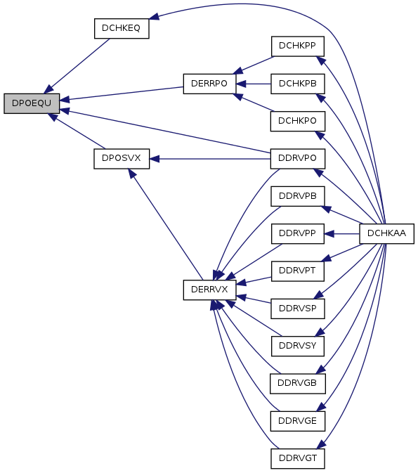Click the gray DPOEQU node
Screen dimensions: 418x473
32,103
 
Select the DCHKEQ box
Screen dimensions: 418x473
122,28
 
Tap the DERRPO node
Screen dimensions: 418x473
209,84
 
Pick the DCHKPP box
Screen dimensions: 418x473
298,46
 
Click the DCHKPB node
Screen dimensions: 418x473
298,84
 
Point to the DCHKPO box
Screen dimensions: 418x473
298,121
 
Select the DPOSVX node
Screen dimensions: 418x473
122,159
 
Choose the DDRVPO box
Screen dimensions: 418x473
298,159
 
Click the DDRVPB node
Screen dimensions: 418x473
298,196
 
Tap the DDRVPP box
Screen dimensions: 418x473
298,233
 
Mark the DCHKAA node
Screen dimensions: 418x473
386,233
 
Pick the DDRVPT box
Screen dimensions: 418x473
298,271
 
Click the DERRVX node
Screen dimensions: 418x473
209,290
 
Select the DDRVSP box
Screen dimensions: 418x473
298,309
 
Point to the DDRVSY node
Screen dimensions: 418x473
298,346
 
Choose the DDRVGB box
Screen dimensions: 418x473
298,384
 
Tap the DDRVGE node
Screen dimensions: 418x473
298,421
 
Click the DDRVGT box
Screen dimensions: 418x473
298,458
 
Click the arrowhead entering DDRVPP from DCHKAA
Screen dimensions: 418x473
329,233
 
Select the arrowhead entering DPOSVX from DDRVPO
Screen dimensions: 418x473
155,159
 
